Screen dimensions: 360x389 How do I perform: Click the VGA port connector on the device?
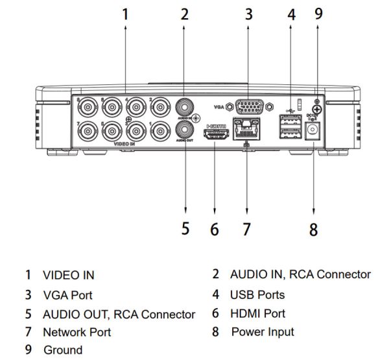coord(249,107)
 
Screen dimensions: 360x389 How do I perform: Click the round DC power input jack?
coord(313,132)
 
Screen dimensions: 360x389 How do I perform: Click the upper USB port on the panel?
coord(287,121)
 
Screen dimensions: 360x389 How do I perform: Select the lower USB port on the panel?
coord(287,134)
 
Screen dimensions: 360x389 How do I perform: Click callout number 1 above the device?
coord(125,14)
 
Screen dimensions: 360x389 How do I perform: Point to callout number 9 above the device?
coord(318,14)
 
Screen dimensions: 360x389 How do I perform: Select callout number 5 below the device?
coord(185,229)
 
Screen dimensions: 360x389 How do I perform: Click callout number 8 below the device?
coord(313,229)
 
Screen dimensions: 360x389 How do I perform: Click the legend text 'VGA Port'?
coord(67,295)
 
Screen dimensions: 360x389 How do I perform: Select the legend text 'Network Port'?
coord(77,332)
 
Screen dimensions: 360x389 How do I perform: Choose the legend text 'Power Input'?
coord(262,332)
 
